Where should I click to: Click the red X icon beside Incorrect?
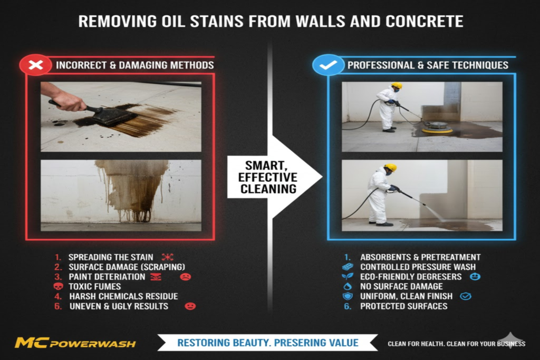(35, 65)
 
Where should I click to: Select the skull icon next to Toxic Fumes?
(58, 287)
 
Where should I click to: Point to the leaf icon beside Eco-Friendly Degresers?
(347, 277)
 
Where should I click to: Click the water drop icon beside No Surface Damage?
(347, 287)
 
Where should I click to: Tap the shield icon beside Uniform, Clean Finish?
(347, 297)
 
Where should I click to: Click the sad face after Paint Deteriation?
(185, 277)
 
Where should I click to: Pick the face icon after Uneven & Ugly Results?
(190, 306)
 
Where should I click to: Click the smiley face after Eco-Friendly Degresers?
(474, 277)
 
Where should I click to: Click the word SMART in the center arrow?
(262, 165)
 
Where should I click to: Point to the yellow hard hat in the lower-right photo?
(390, 168)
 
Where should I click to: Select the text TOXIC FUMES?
(95, 287)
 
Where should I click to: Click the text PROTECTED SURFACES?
(403, 306)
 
